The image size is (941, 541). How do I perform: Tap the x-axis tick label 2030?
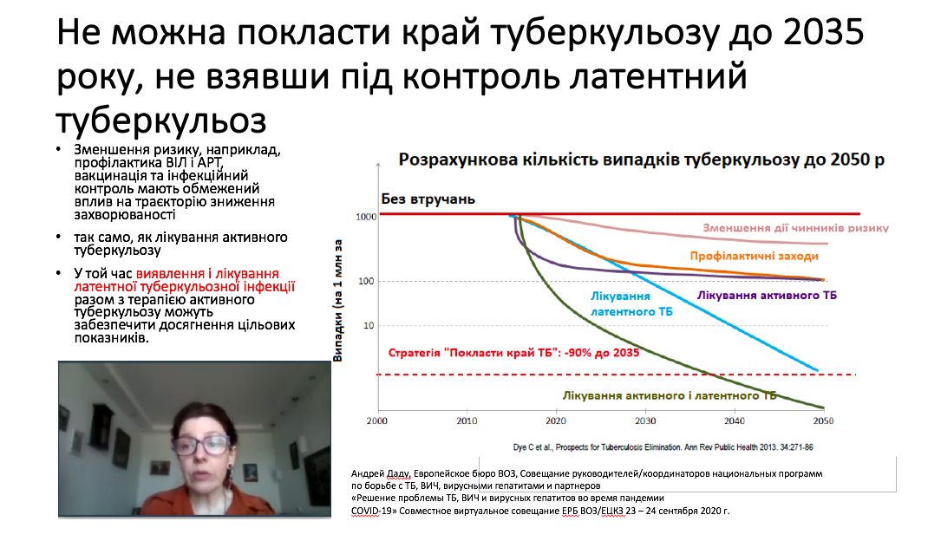[645, 421]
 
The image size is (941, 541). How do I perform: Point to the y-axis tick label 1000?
[366, 217]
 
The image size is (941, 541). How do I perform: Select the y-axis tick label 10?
[369, 326]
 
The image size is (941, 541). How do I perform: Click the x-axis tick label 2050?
[823, 421]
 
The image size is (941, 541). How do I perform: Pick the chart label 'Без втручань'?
[428, 199]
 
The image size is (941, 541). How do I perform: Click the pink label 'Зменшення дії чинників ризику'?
[796, 228]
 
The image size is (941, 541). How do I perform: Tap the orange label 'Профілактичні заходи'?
[754, 256]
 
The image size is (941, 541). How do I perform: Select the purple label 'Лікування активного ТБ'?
[767, 295]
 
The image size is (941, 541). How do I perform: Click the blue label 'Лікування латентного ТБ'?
[631, 304]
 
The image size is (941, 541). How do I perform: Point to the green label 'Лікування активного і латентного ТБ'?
[670, 396]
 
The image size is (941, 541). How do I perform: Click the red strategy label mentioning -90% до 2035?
[513, 353]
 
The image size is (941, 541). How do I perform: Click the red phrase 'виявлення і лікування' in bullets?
[207, 274]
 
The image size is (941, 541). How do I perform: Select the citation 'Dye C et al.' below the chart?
[532, 447]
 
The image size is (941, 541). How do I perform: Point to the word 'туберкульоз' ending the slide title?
[161, 121]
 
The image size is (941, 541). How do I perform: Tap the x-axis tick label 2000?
[377, 421]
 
